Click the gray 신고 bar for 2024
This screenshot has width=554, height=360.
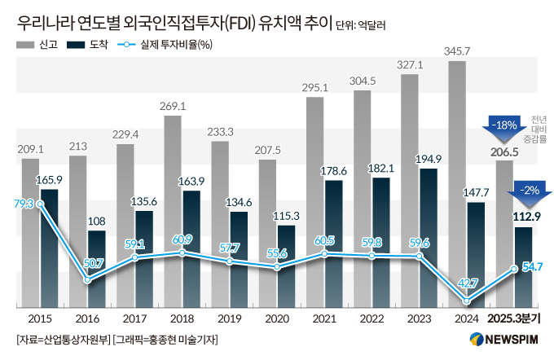[457, 183]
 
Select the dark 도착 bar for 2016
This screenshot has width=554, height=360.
[96, 269]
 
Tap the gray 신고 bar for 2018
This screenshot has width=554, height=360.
[172, 211]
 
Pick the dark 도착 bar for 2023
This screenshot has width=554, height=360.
[427, 237]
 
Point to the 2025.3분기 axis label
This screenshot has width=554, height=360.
[514, 318]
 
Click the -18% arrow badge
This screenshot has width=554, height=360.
[503, 125]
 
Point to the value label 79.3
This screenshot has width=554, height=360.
[24, 204]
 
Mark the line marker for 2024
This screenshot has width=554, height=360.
[466, 301]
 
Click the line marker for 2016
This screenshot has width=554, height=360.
[88, 279]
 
